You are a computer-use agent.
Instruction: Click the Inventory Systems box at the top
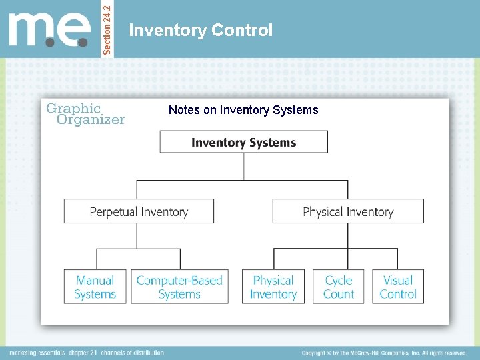(243, 142)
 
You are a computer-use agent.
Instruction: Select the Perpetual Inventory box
(139, 211)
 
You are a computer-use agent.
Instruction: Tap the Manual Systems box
(95, 287)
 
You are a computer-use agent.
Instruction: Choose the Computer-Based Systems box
(179, 287)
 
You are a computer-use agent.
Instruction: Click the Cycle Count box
(338, 287)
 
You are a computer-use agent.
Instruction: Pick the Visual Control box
(397, 287)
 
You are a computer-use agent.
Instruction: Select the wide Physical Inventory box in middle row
(348, 211)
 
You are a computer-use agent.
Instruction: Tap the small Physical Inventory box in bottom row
(273, 287)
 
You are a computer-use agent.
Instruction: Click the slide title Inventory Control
(201, 30)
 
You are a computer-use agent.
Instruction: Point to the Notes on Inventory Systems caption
(243, 110)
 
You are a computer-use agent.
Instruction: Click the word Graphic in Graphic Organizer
(73, 108)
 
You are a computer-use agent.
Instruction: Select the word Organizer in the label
(91, 120)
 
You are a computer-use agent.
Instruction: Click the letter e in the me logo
(75, 31)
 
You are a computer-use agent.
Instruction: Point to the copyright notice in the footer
(383, 353)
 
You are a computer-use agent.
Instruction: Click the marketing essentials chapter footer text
(87, 353)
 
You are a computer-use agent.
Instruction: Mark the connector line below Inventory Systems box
(243, 166)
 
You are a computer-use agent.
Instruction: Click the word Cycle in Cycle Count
(339, 281)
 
